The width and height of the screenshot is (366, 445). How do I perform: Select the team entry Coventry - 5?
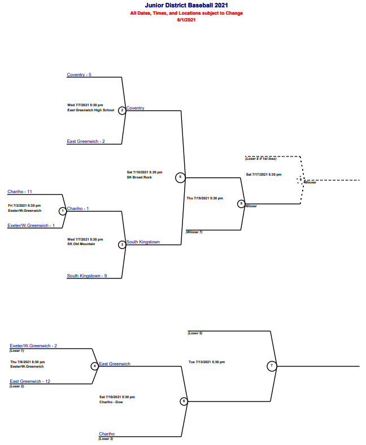79,75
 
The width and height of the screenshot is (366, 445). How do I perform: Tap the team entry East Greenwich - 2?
86,141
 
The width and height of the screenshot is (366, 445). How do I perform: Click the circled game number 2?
122,110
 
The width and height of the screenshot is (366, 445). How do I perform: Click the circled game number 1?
63,211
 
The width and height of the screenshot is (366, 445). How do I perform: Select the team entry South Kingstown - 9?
87,276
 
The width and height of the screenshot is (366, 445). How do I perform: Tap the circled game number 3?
122,245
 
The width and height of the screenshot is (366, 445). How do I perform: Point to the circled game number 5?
180,177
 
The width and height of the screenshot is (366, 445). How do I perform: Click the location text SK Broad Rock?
139,177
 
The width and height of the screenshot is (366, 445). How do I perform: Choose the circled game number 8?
241,203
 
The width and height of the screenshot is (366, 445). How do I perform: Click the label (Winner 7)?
194,232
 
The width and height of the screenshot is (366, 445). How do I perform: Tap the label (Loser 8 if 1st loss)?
261,159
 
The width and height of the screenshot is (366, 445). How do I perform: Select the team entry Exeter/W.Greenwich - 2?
33,345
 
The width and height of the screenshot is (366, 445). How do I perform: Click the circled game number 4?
95,366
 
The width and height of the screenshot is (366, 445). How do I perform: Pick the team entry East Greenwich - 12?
30,381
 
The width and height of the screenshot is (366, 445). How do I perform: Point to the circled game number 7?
272,366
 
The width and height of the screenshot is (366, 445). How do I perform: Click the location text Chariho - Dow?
111,402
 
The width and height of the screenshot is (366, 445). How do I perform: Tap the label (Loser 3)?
106,439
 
